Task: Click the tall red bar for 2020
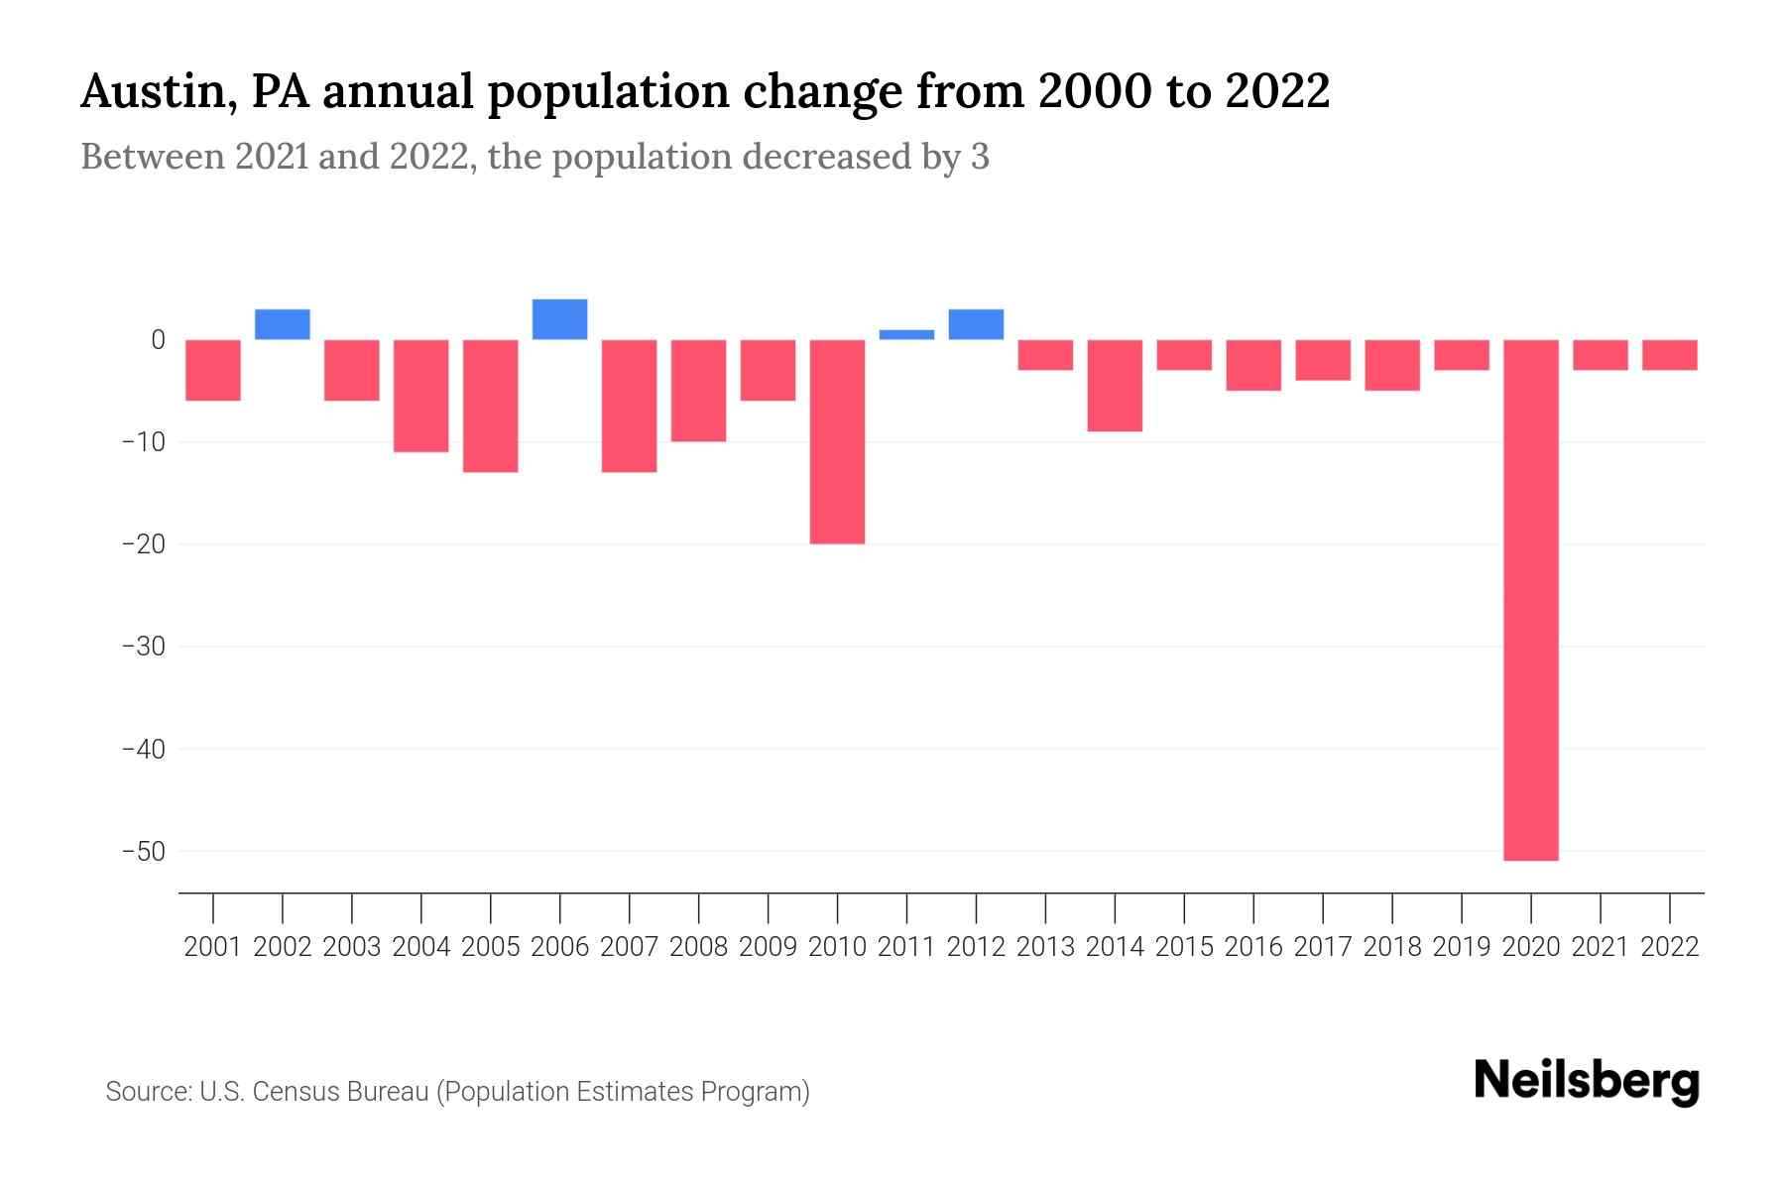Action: (x=1531, y=600)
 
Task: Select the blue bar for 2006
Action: (x=560, y=319)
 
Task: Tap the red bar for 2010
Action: (x=838, y=441)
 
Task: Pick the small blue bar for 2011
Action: (x=907, y=335)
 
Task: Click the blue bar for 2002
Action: (x=283, y=324)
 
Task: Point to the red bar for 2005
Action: (x=491, y=406)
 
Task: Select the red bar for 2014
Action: (x=1115, y=386)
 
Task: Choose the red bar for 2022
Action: (x=1670, y=355)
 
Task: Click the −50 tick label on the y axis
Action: (x=143, y=852)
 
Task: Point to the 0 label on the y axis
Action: (x=158, y=340)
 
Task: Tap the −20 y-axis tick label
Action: (x=143, y=544)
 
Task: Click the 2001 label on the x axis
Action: (x=213, y=947)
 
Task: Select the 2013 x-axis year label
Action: (x=1045, y=947)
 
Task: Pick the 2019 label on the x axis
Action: (x=1462, y=947)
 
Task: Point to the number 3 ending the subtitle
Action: (x=980, y=158)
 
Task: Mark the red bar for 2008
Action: (x=699, y=391)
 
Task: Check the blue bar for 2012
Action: (x=976, y=324)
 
